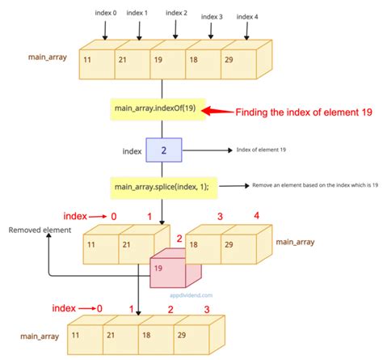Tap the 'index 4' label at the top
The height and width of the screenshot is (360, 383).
[246, 16]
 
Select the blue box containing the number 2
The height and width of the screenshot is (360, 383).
[163, 150]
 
